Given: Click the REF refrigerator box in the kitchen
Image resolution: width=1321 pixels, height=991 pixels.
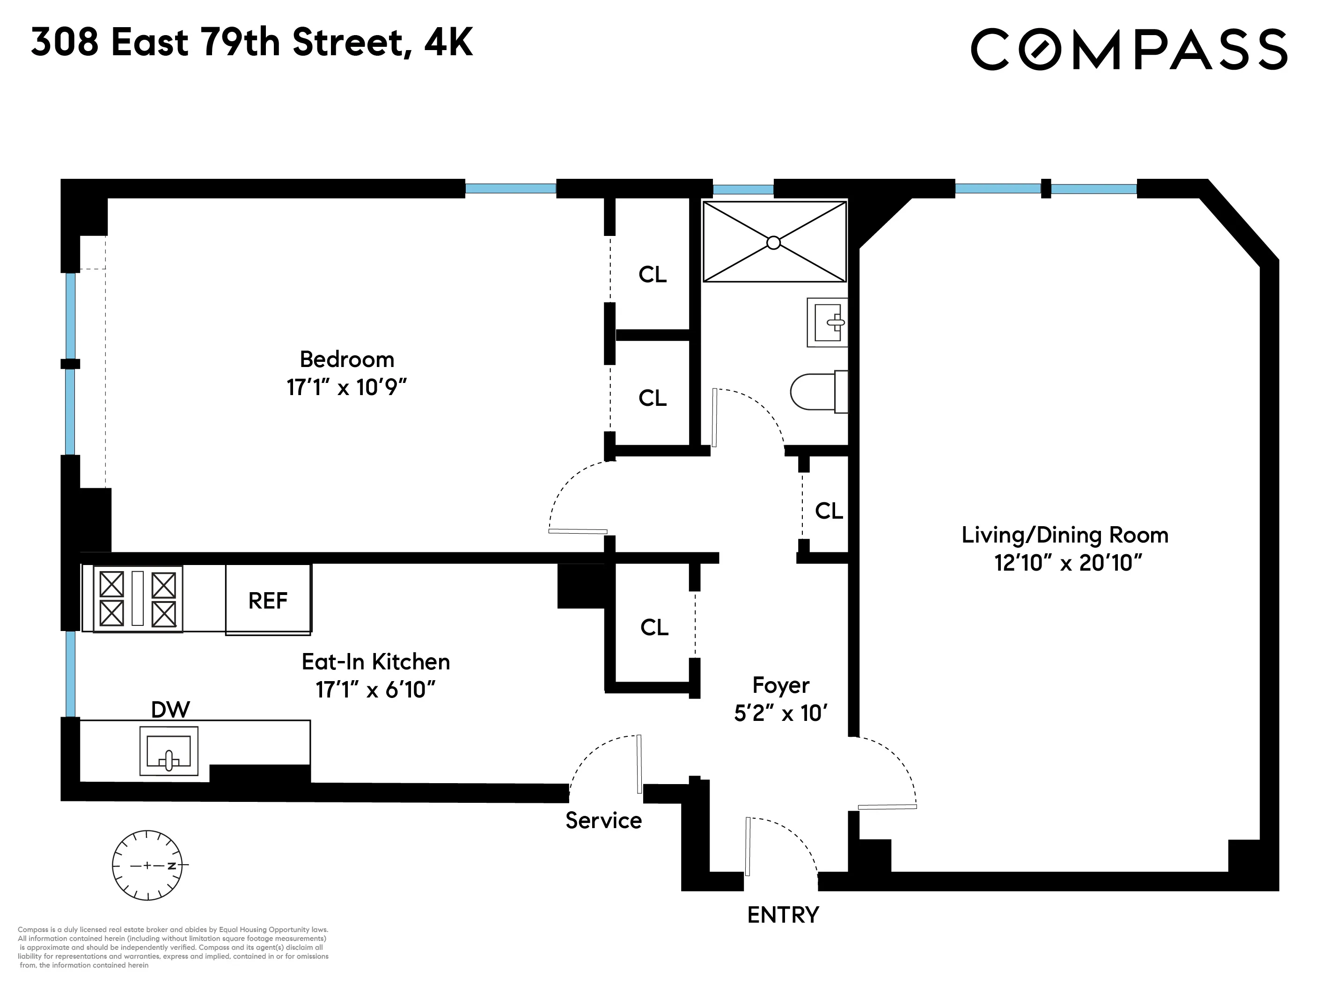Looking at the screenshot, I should [x=268, y=600].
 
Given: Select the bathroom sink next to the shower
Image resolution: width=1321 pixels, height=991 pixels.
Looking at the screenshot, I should [x=828, y=323].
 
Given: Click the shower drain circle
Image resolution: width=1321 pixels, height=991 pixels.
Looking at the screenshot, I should [x=773, y=242].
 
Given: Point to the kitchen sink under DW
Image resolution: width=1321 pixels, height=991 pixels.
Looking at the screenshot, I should [x=169, y=751].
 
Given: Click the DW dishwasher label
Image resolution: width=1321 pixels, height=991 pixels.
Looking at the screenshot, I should [x=170, y=710].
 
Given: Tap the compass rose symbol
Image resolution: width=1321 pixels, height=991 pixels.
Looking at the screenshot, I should [x=147, y=865].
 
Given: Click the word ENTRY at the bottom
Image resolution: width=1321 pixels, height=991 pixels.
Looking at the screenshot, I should [x=783, y=915].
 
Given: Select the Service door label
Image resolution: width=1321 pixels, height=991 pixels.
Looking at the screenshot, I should [x=603, y=821].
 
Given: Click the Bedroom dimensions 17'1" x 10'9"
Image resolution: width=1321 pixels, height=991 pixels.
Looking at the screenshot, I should [x=346, y=388].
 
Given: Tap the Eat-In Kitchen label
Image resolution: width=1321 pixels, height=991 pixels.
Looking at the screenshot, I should [x=375, y=662].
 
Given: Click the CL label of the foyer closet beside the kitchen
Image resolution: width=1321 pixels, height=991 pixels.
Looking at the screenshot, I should [x=654, y=627].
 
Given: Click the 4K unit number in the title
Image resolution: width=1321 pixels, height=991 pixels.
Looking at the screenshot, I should [x=448, y=43].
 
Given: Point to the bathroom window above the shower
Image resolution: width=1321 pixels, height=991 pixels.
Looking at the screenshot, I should [x=743, y=190].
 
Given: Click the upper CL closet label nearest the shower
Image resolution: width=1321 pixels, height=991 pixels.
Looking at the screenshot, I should [x=652, y=275].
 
